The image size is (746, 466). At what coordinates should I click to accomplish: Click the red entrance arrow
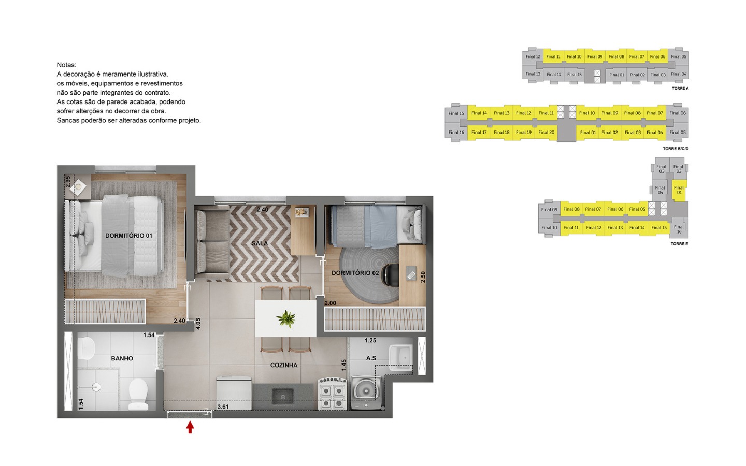pos(190,427)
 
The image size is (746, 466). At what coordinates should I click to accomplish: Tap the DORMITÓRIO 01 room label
pos(128,236)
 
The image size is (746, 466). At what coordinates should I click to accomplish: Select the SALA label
pos(260,243)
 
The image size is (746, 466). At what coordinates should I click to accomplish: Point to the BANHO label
pos(122,358)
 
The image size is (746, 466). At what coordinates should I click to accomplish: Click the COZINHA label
pos(284,365)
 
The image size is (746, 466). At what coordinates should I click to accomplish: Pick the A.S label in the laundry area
pos(371,358)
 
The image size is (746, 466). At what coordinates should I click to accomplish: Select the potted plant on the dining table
pos(286,318)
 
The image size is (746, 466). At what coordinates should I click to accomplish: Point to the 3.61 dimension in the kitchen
pos(223,407)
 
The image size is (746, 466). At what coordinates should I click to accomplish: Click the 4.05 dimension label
pos(198,324)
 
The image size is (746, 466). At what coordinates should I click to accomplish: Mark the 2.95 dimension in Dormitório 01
pos(68,181)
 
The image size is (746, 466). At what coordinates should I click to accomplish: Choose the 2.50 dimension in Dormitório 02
pos(423,277)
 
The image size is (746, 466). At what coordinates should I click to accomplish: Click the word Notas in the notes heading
pos(66,65)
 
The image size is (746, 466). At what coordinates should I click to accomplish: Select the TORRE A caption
pos(680,88)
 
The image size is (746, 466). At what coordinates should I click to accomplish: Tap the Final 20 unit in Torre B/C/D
pos(546,133)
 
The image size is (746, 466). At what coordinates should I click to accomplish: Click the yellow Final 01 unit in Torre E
pos(679,190)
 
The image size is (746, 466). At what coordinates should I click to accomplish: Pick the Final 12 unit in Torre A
pos(533,56)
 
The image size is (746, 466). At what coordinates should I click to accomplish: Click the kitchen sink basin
pos(283,397)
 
